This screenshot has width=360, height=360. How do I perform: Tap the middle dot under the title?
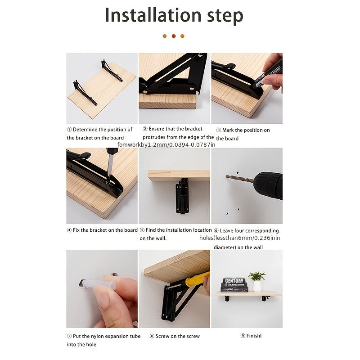coord(174,36)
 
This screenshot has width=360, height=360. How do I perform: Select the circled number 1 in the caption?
coord(69,130)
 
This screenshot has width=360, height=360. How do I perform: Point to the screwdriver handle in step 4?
coord(112,152)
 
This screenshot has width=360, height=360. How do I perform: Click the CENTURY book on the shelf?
coord(234,284)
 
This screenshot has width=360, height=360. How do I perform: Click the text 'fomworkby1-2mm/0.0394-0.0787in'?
coord(166,144)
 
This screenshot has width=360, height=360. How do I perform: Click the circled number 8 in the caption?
coord(152,336)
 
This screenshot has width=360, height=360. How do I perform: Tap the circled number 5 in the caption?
coord(142,230)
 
